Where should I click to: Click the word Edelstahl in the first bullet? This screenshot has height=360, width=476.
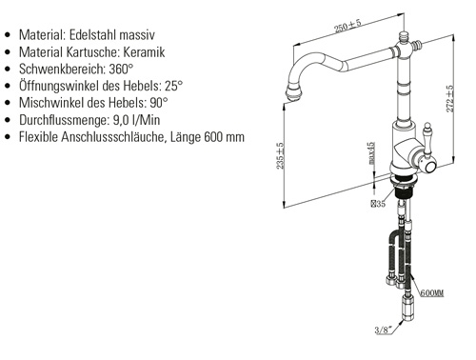click(89, 34)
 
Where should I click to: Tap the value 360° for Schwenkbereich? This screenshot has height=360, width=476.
click(121, 69)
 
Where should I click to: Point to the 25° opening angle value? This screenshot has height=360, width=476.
click(173, 86)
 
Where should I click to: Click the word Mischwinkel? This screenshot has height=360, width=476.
click(51, 103)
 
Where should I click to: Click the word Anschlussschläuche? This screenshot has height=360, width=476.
click(114, 137)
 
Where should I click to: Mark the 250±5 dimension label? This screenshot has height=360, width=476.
click(347, 26)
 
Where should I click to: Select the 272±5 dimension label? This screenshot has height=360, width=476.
click(450, 99)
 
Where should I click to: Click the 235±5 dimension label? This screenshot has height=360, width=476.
click(280, 156)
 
